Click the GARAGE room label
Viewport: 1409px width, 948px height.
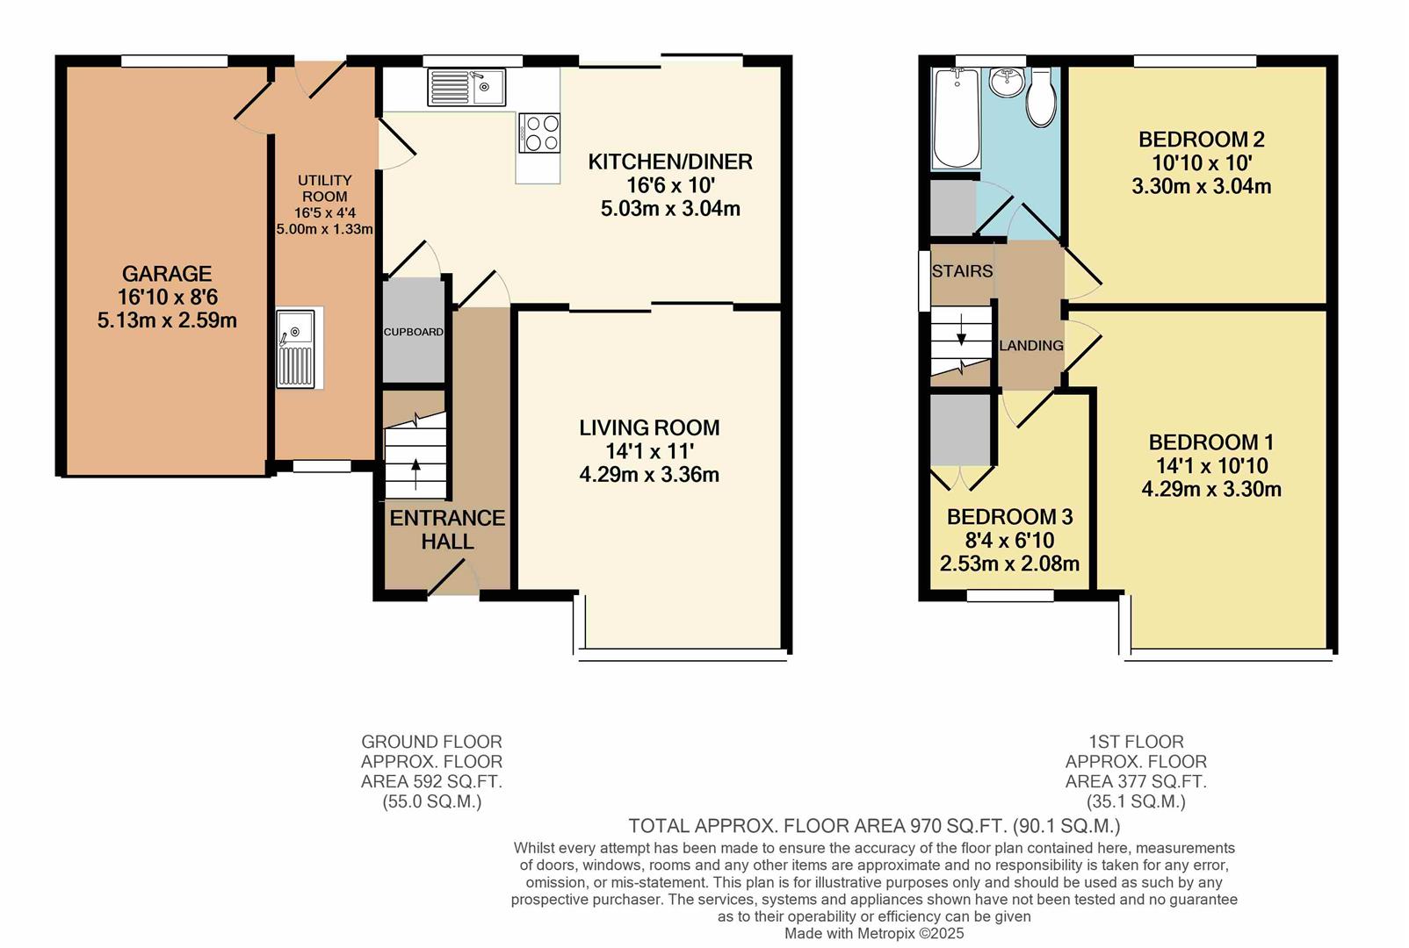click(167, 274)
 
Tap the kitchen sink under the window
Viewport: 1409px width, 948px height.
click(466, 87)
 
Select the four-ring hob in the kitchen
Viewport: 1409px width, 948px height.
click(539, 133)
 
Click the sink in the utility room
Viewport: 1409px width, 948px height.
click(296, 348)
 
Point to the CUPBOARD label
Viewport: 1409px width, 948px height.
click(413, 332)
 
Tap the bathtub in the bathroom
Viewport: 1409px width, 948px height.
click(957, 118)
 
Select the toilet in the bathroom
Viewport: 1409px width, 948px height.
click(1041, 97)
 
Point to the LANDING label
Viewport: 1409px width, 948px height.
click(1031, 346)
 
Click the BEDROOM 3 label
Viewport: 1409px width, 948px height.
click(1009, 517)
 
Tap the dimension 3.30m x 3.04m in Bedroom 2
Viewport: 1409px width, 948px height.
click(1201, 186)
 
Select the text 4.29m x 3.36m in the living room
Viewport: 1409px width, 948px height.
click(649, 475)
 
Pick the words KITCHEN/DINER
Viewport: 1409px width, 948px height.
click(670, 162)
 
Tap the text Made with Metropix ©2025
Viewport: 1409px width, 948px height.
click(874, 933)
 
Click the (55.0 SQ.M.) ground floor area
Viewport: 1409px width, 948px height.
click(431, 801)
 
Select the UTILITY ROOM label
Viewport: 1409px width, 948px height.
click(324, 188)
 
